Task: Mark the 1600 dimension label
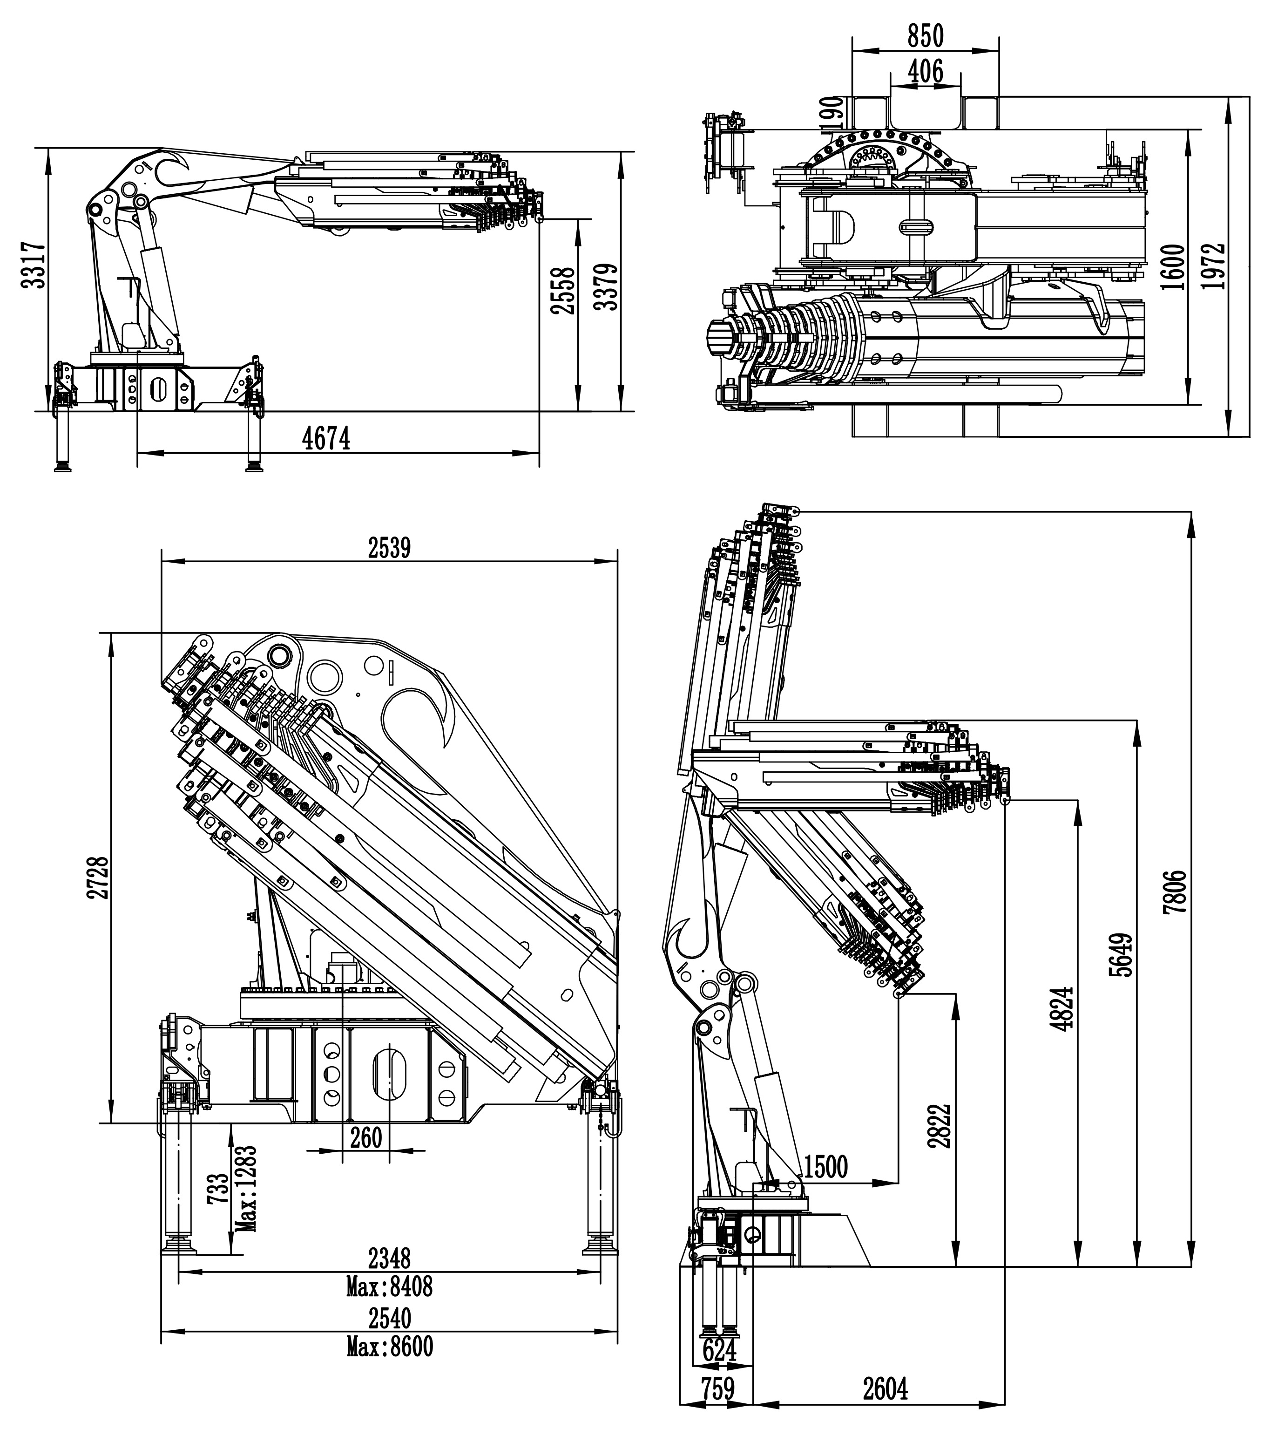1174,267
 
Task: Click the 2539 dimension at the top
389,548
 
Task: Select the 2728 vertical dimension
98,878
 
